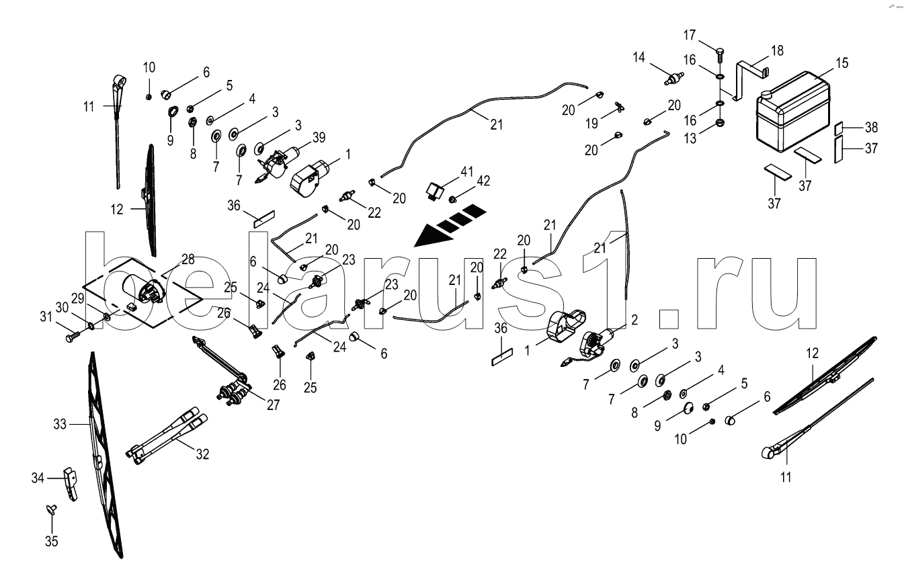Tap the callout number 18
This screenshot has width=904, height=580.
point(777,50)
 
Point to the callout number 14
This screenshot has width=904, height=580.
point(638,58)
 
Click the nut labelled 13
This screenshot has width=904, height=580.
point(719,123)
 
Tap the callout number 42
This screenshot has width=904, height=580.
point(483,181)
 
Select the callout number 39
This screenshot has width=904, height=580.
point(319,136)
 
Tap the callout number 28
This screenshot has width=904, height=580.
point(187,259)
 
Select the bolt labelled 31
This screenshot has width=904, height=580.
point(71,333)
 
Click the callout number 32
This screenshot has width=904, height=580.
point(202,454)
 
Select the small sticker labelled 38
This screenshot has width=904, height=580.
point(839,128)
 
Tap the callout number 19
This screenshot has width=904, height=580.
point(591,124)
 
